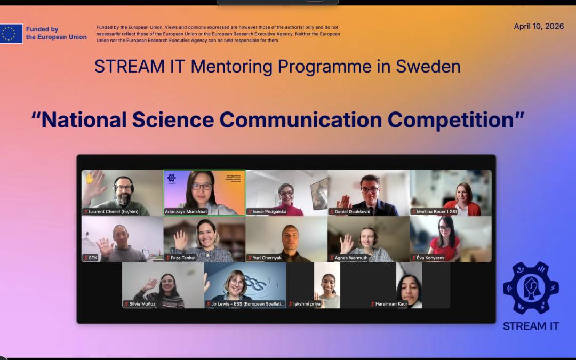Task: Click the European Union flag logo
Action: pyautogui.click(x=11, y=34)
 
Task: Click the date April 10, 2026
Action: pyautogui.click(x=539, y=27)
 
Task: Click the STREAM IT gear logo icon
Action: pyautogui.click(x=531, y=288)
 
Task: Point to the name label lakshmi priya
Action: pyautogui.click(x=307, y=304)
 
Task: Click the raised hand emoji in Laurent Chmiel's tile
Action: pyautogui.click(x=90, y=177)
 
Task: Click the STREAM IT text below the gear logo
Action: pyautogui.click(x=531, y=326)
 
